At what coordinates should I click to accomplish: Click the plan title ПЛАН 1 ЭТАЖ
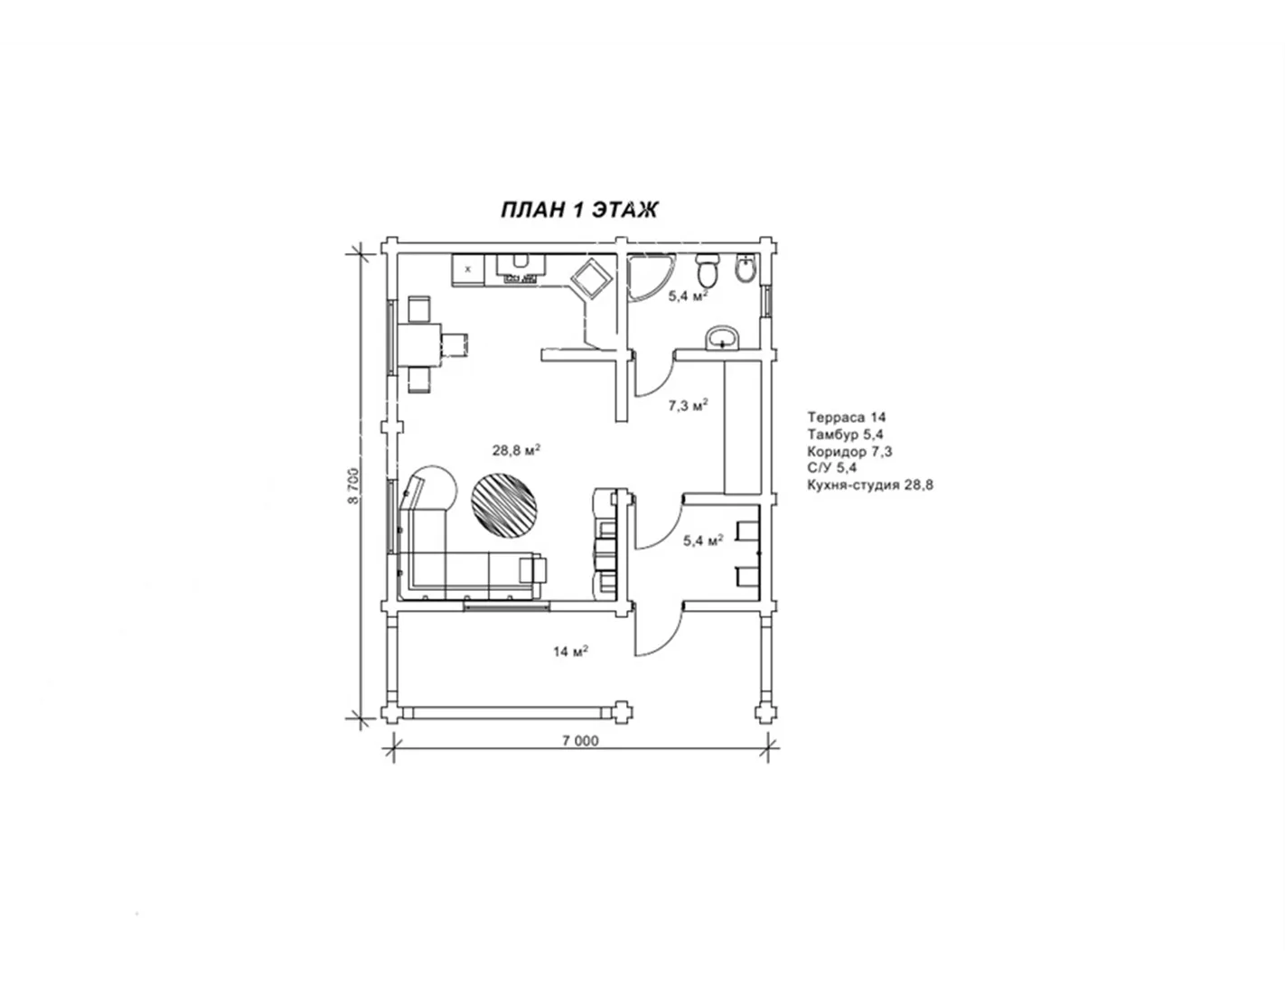[579, 210]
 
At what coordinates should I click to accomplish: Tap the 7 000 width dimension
[579, 741]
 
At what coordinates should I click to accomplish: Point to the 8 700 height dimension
[353, 486]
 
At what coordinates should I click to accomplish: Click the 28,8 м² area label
[516, 451]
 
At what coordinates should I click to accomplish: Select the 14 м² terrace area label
[570, 651]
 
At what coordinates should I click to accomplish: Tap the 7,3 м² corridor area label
[689, 405]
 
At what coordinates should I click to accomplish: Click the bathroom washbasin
[721, 338]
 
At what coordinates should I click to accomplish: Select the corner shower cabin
[648, 278]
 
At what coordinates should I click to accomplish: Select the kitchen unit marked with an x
[468, 270]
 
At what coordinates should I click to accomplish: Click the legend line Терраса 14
[846, 417]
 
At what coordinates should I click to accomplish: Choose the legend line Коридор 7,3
[849, 452]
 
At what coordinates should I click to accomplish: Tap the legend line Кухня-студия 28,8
[870, 485]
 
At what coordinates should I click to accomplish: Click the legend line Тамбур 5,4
[845, 435]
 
